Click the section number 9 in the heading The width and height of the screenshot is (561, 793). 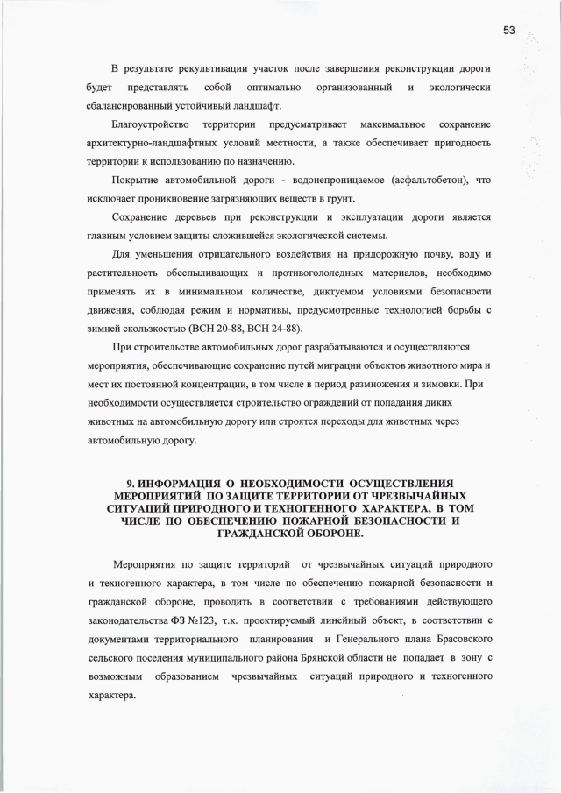[x=130, y=483]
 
